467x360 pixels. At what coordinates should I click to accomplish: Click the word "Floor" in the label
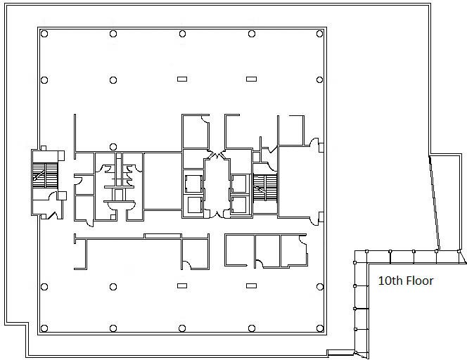tap(420, 281)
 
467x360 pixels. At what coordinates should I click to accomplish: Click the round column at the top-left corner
tap(44, 34)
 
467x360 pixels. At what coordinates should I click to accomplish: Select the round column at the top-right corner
tap(319, 34)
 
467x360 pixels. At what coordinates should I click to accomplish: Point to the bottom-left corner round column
tap(44, 328)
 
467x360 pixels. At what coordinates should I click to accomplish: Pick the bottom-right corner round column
tap(320, 328)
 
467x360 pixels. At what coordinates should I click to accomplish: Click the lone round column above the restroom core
tap(113, 146)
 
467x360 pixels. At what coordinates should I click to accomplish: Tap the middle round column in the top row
tap(182, 34)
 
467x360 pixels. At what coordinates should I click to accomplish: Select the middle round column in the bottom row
tap(182, 328)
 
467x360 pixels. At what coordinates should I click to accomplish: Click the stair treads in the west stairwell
tap(45, 176)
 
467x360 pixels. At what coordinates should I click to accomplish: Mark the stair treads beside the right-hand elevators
tap(265, 188)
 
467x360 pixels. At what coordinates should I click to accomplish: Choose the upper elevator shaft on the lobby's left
tap(193, 184)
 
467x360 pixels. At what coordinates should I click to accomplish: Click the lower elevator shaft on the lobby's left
tap(195, 205)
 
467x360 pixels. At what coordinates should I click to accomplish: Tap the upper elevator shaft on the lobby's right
tap(239, 184)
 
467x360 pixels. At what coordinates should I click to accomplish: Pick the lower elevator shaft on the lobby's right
tap(239, 205)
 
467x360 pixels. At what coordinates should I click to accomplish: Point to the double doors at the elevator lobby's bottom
tap(217, 214)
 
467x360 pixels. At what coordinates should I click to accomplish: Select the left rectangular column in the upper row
tap(182, 79)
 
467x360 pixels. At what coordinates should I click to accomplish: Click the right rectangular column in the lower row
tap(251, 286)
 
